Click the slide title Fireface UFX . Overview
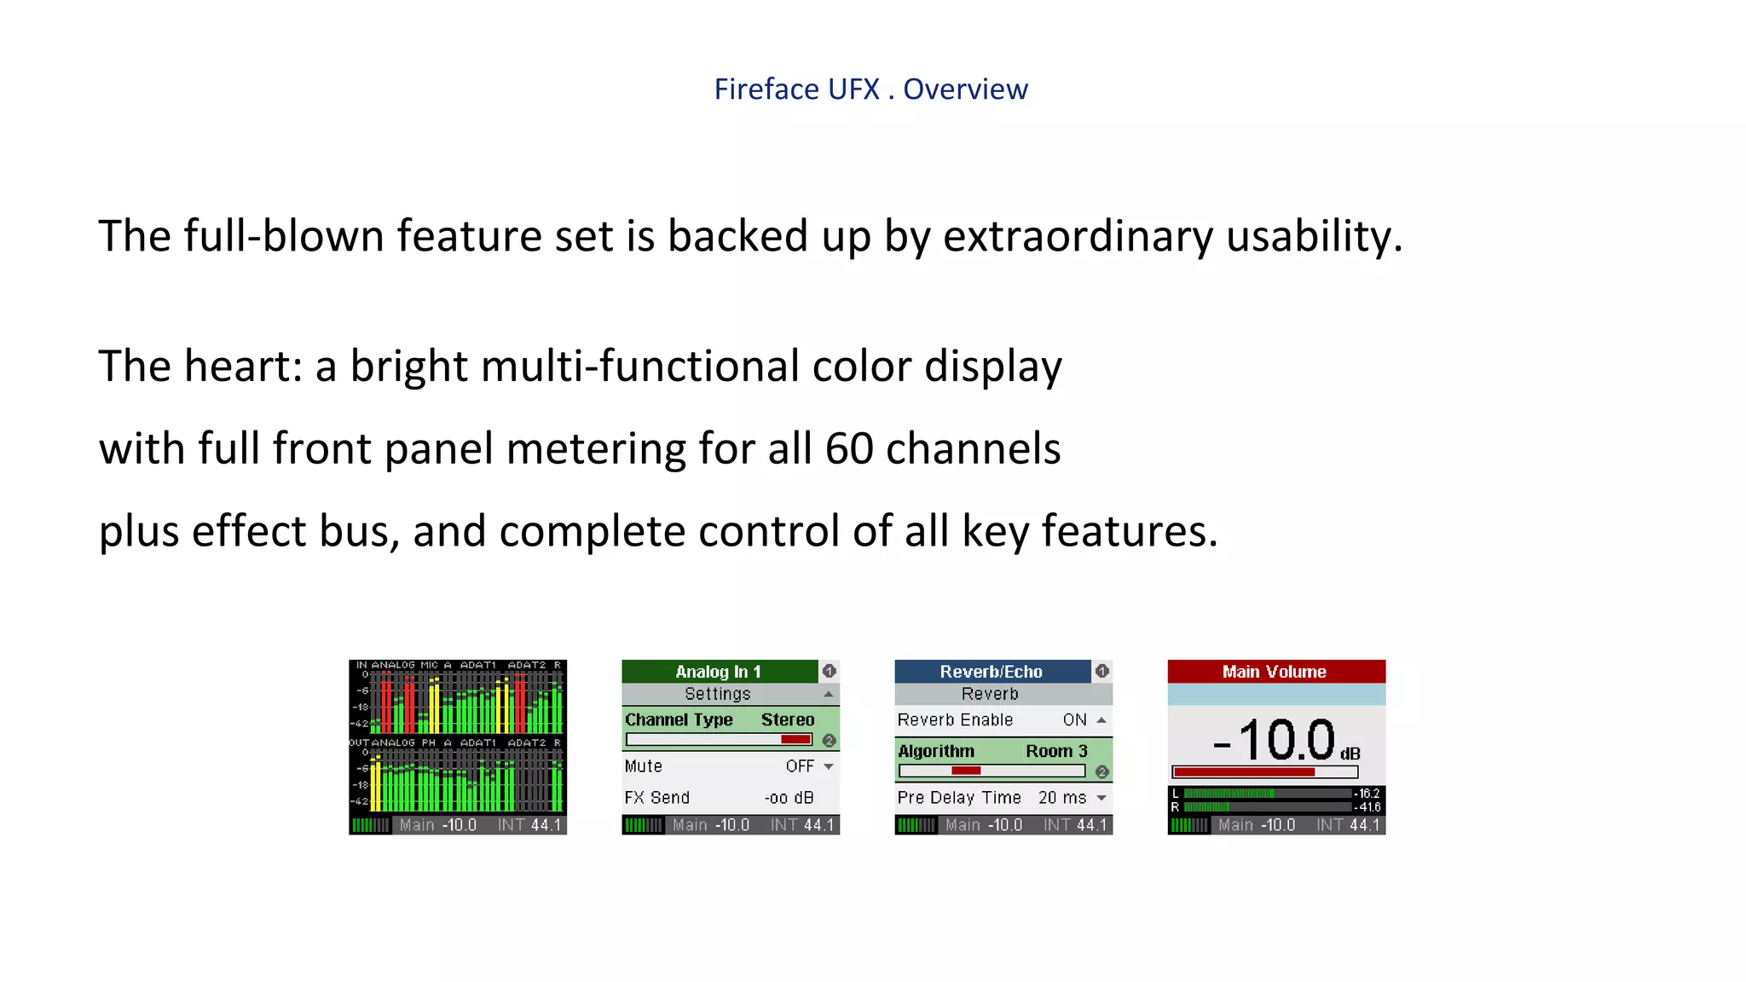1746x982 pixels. pos(870,89)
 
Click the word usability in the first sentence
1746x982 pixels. pos(1313,236)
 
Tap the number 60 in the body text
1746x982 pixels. pos(848,448)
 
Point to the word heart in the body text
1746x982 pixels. pos(238,367)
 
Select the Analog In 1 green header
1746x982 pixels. pos(719,672)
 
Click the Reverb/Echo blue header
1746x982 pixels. pos(991,672)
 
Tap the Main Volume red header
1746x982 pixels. pos(1275,672)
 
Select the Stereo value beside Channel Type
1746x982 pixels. pos(788,719)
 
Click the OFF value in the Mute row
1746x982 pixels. pos(800,766)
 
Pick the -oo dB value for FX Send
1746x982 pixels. pos(789,798)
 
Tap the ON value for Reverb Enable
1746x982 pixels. pos(1074,720)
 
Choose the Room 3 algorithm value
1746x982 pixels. pos(1056,751)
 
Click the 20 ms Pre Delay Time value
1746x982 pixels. pos(1061,798)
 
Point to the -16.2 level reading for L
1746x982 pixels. pos(1367,794)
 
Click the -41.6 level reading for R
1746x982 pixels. pos(1367,807)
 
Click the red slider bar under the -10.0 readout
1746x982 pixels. pos(1245,772)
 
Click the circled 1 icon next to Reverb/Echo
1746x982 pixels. pos(1101,672)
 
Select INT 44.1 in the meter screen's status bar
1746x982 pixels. pos(529,825)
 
